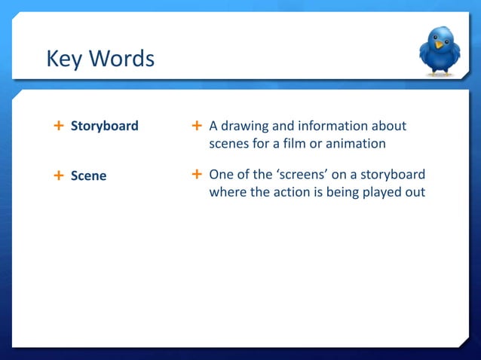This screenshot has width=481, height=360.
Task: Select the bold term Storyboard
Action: click(x=104, y=126)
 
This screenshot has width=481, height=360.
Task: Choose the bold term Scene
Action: click(x=88, y=175)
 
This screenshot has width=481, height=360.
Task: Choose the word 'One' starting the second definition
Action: click(x=221, y=175)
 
